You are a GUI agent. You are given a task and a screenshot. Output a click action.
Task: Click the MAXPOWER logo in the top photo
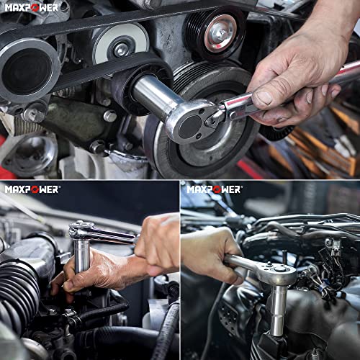tap(32, 7)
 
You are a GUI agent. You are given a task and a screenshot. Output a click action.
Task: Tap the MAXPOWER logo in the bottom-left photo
tap(32, 189)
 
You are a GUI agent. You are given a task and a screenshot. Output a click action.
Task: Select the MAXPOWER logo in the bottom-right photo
tap(214, 189)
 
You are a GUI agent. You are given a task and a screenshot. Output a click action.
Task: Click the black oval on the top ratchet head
tap(190, 127)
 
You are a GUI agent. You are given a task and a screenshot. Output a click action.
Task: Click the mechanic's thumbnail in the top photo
tap(262, 98)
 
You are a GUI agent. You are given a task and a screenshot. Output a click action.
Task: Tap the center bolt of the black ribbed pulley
tap(220, 33)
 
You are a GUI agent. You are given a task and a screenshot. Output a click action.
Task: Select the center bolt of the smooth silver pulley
tap(122, 50)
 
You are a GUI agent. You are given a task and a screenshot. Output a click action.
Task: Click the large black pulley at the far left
tap(28, 70)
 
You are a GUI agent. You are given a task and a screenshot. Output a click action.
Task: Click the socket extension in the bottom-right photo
tap(278, 310)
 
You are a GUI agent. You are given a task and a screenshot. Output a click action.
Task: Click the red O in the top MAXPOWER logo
tap(35, 8)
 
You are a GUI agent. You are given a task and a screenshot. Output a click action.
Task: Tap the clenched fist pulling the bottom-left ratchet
tap(157, 243)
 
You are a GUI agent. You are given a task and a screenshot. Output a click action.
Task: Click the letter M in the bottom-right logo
tap(192, 189)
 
